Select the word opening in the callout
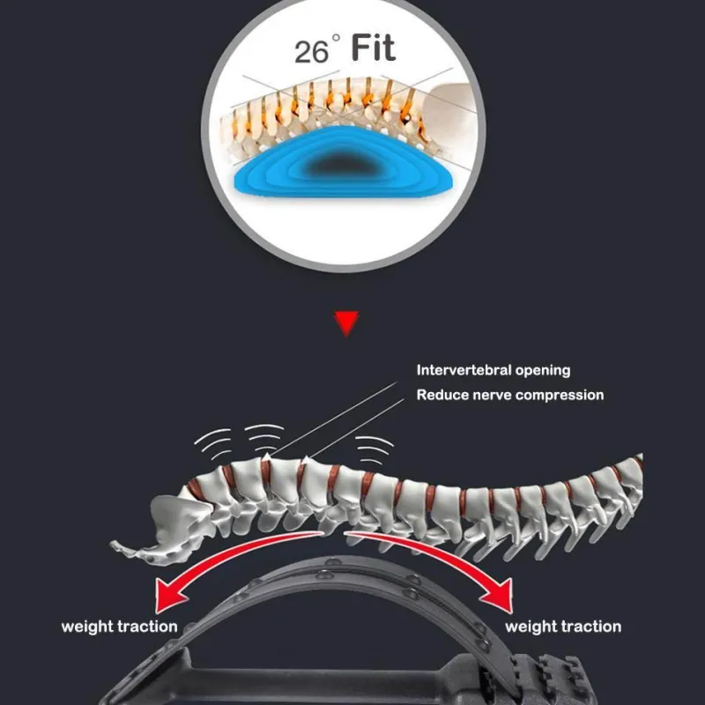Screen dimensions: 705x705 (545, 370)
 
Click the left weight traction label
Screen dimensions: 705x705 (119, 627)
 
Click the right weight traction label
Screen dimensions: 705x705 (563, 627)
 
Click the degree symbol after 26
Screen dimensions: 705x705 (335, 41)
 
